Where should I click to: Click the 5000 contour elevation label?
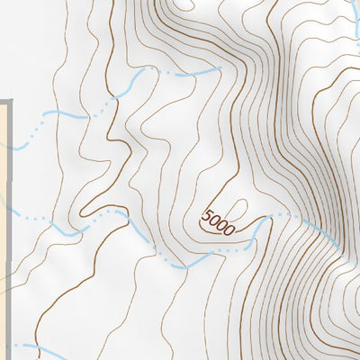(x=218, y=222)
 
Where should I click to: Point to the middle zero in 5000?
(x=221, y=226)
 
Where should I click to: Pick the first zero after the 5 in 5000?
(x=214, y=221)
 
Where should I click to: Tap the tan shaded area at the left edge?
(x=4, y=225)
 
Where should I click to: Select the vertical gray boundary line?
(x=10, y=225)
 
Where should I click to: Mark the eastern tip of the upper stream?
(x=219, y=67)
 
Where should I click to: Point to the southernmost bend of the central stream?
(x=180, y=266)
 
